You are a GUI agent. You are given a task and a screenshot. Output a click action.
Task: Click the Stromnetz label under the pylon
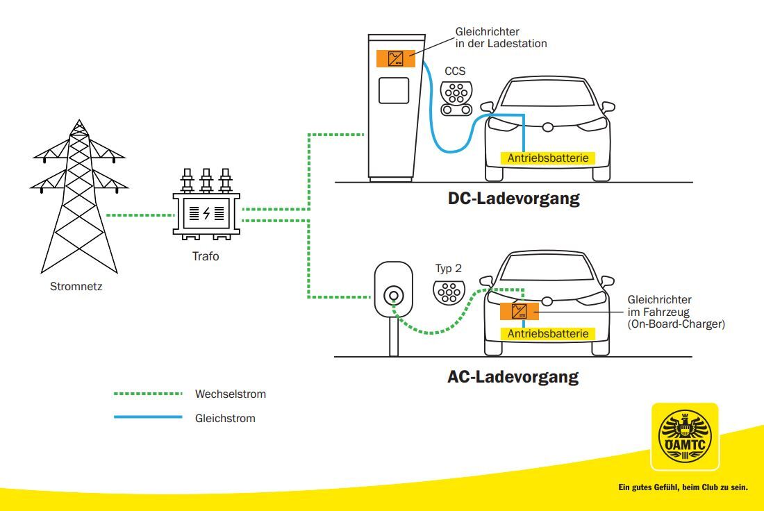coord(76,285)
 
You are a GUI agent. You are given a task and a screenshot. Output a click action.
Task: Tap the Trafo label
coord(206,256)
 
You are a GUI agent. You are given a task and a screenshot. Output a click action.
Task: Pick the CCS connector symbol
coord(456,98)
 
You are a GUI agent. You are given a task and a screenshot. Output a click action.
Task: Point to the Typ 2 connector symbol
coord(449,292)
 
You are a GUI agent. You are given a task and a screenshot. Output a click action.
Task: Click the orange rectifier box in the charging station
coord(396,58)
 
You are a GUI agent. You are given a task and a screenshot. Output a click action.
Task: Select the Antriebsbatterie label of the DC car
coord(547,158)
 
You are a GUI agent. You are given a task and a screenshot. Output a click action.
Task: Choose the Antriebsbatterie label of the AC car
coord(547,334)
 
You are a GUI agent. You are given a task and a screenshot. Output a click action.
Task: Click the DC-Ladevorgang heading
coord(513,199)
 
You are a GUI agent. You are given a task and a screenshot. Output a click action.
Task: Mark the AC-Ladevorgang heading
coord(513,378)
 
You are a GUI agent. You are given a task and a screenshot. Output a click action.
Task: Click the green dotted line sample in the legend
coord(148,394)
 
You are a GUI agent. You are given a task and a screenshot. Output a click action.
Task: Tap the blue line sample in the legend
coord(148,418)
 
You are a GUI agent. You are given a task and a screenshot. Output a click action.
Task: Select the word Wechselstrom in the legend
coord(231,394)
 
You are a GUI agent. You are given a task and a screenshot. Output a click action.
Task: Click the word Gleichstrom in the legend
coord(225,418)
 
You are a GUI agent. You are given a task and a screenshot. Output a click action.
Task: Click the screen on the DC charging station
coord(393,91)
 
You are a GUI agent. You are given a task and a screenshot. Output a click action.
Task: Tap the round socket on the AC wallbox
coord(393,295)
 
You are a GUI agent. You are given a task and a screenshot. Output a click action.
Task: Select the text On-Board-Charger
coord(676,323)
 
